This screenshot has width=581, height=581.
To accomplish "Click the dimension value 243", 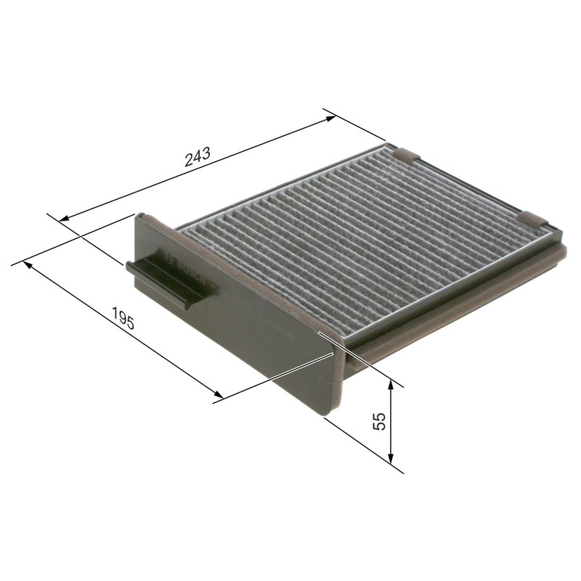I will pyautogui.click(x=198, y=155).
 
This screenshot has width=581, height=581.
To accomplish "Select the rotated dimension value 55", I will pyautogui.click(x=378, y=422).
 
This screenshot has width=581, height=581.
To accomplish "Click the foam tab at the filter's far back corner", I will pyautogui.click(x=404, y=153).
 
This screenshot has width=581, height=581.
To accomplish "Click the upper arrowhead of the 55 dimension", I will pyautogui.click(x=391, y=386).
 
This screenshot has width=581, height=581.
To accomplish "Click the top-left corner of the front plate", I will pyautogui.click(x=135, y=214).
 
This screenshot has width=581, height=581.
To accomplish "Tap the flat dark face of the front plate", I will pyautogui.click(x=261, y=341).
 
